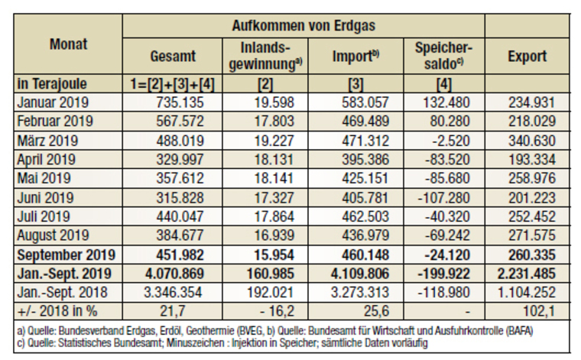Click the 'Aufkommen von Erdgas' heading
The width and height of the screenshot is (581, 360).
(x=303, y=25)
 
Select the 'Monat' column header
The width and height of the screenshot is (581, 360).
(x=69, y=44)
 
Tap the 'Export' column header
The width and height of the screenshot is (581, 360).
(x=527, y=57)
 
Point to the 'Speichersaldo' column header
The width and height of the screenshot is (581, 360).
(x=444, y=56)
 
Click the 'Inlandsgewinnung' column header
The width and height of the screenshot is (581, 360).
(x=265, y=56)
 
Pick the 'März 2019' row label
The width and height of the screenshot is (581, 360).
(x=47, y=141)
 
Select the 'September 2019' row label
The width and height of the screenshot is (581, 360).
(x=67, y=255)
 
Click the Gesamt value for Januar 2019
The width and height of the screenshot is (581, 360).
(x=180, y=102)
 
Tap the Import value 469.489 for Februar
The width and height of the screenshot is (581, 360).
(x=365, y=122)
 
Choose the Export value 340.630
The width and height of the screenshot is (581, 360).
(x=532, y=141)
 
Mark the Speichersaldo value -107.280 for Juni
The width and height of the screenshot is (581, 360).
(x=444, y=198)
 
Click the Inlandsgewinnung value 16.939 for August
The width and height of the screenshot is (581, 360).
(x=274, y=235)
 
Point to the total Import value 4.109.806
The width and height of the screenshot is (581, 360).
(x=359, y=274)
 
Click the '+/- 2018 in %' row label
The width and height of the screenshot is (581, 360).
(x=57, y=311)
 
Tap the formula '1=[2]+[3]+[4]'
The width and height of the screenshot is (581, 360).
(x=172, y=84)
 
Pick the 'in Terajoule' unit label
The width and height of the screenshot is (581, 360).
(x=52, y=84)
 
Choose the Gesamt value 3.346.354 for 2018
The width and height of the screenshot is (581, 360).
(x=173, y=293)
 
